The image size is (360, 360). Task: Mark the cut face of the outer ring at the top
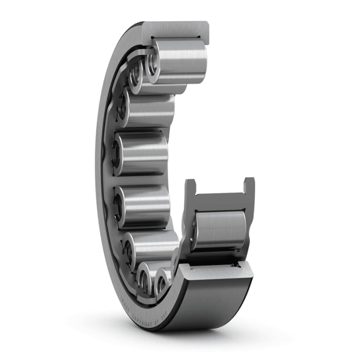click(x=175, y=29)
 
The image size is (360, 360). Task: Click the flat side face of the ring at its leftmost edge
click(x=99, y=170)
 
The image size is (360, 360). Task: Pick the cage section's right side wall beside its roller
click(x=248, y=226)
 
